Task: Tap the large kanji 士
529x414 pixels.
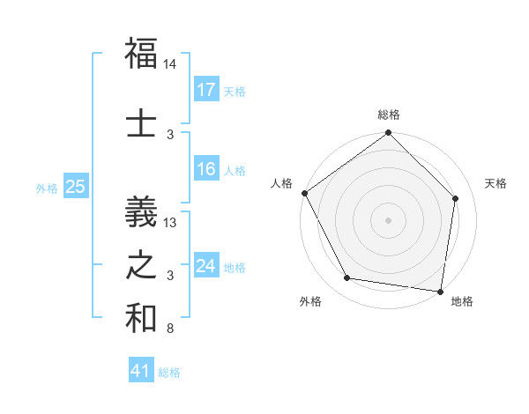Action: tap(141, 122)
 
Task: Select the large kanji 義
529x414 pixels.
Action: tap(141, 211)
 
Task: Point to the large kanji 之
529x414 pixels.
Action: tap(141, 265)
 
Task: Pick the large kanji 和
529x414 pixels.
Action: tap(141, 319)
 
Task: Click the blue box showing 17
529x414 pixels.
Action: tap(206, 90)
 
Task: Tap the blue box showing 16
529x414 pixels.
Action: tap(206, 169)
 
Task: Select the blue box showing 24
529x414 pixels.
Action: tap(206, 266)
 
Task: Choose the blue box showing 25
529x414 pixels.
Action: tap(75, 187)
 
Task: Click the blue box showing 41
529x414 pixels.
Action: tap(141, 371)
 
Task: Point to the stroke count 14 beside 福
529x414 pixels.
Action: tap(170, 64)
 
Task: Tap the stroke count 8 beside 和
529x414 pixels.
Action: tap(170, 329)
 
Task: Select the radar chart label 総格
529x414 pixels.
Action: tap(388, 115)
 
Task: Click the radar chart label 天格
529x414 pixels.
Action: tap(496, 183)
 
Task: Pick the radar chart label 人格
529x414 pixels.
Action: tap(282, 183)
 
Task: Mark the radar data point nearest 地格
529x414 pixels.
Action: tap(441, 291)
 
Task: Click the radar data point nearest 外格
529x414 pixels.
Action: tap(347, 278)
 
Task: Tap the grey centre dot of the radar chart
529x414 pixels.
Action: tap(388, 219)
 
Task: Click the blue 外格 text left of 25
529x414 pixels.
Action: tap(46, 188)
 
